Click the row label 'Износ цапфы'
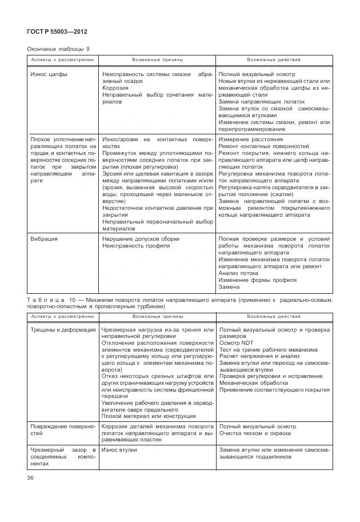[x=49, y=75]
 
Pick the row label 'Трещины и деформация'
[x=63, y=330]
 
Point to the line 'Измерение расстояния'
[x=250, y=140]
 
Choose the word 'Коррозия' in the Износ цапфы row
[x=116, y=89]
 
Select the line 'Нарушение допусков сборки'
[x=141, y=238]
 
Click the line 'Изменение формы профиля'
[x=258, y=280]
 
